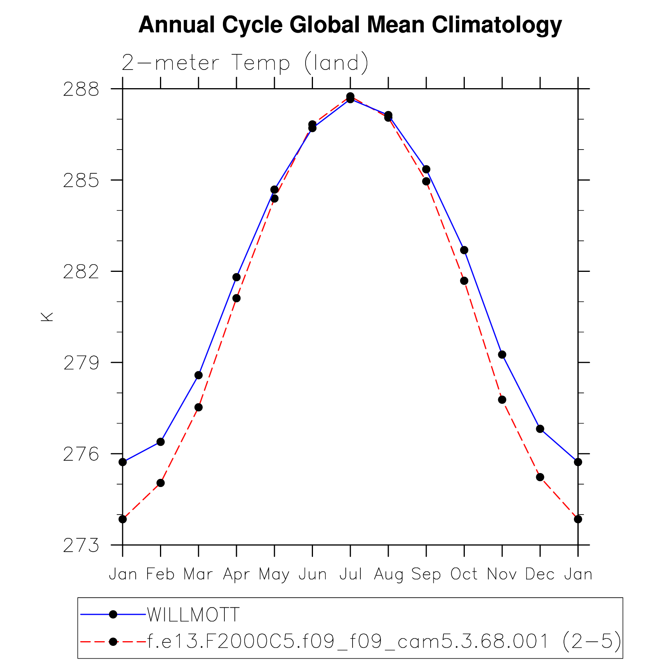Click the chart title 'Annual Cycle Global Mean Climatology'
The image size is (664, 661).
pos(350,25)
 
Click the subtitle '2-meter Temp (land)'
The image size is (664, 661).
pos(245,63)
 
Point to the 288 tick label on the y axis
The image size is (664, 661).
pos(81,89)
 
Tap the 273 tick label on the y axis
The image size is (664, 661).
pos(81,546)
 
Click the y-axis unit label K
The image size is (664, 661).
pos(47,317)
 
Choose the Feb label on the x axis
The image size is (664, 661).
pos(160,574)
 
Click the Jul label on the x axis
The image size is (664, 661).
pos(350,574)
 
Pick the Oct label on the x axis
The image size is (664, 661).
pos(464,574)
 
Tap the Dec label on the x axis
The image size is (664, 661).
pos(540,574)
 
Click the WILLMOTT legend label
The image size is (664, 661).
pos(193,614)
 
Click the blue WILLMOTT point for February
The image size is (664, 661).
pos(161,442)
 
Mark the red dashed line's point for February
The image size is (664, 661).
pos(161,483)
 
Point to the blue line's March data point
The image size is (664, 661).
pos(198,375)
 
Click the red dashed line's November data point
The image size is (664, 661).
pos(502,400)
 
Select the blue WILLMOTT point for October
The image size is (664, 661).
pos(464,250)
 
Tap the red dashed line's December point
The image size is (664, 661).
pos(540,477)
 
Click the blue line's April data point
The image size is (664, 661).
pos(236,277)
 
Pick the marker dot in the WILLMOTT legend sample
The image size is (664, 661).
pos(113,614)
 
